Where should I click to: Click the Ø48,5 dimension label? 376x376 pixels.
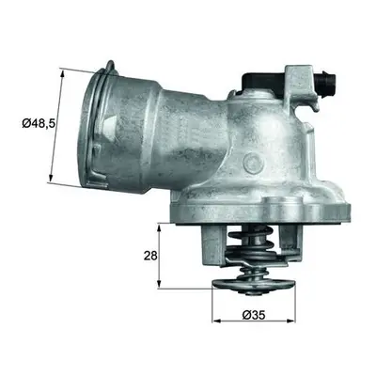pos(39,123)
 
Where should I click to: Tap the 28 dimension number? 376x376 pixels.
pos(150,256)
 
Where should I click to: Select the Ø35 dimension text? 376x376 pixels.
pos(254,314)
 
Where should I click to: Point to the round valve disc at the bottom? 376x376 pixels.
pos(254,286)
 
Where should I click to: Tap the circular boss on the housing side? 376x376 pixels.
pos(254,162)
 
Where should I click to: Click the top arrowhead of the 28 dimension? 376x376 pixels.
pos(160,227)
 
